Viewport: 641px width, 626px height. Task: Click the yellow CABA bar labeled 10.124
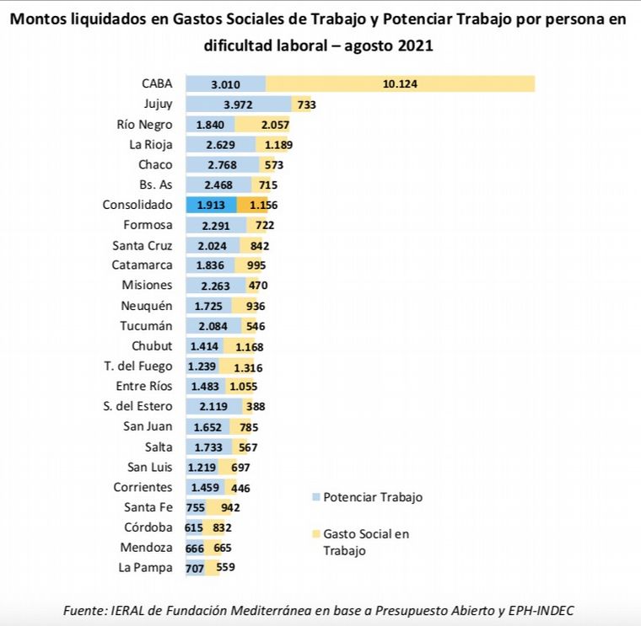(x=400, y=83)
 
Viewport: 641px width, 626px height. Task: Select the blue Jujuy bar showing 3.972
(x=239, y=104)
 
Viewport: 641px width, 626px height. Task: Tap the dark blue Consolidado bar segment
(x=211, y=205)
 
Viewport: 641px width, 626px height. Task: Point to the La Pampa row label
(x=145, y=568)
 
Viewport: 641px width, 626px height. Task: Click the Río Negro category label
(x=144, y=125)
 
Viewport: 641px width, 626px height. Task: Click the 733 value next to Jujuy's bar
(x=306, y=104)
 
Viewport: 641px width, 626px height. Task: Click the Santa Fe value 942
(x=229, y=507)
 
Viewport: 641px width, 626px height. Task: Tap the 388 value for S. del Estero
(x=256, y=406)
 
